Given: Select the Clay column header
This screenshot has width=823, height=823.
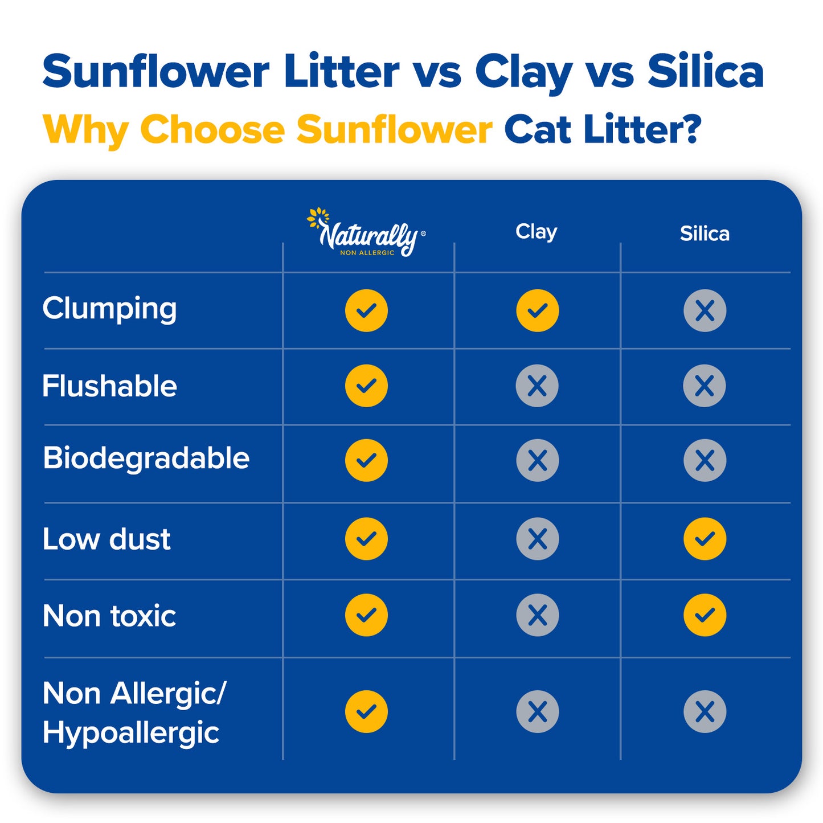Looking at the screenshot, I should pos(536,232).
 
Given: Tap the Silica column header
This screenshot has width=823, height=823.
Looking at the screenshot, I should pos(705,234).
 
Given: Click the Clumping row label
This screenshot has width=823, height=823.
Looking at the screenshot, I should pos(109,309).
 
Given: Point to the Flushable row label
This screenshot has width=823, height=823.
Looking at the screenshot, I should pos(109,386).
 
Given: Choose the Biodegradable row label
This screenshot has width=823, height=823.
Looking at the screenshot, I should pos(146,458).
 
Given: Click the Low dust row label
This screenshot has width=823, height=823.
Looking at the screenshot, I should pos(107,539).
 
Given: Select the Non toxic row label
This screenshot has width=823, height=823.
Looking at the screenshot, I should pos(109,616).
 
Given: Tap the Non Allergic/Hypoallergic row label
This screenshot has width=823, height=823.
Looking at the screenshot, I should pos(134,712).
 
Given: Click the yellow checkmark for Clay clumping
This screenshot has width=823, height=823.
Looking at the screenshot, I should pos(537,310).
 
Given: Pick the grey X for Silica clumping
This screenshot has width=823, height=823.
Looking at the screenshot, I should pos(705,310).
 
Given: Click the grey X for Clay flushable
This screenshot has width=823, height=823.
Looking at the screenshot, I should pos(537,386).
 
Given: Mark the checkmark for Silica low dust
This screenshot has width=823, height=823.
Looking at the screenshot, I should pos(705,539).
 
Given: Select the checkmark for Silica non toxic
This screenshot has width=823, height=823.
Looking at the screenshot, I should pos(705,615).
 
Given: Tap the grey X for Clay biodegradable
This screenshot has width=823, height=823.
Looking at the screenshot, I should pos(537,460).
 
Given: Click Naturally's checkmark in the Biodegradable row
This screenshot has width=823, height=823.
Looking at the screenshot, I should pos(366,460).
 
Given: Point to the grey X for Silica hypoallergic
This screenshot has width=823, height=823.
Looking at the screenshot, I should pos(705,711).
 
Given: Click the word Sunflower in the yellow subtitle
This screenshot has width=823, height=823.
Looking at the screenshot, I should pos(394,130).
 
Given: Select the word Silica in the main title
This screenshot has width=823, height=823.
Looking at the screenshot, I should pos(705,72).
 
